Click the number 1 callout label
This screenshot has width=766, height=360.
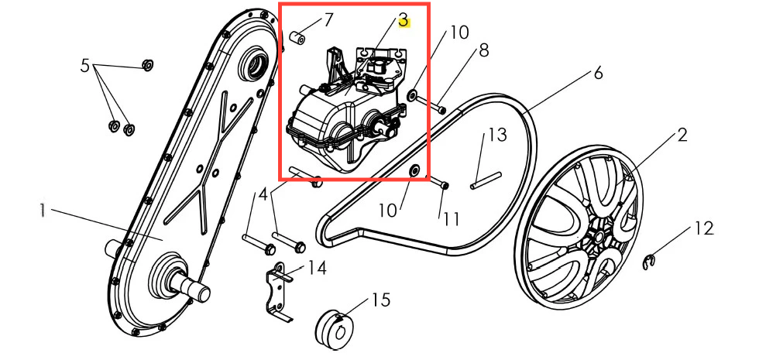click(x=43, y=211)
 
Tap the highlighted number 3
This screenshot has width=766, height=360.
click(x=404, y=21)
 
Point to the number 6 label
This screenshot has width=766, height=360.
click(x=598, y=74)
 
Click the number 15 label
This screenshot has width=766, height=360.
click(x=381, y=300)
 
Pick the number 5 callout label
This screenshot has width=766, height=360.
click(x=85, y=66)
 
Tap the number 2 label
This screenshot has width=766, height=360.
click(x=682, y=135)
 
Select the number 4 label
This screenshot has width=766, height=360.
click(x=263, y=195)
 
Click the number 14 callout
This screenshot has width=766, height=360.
click(x=318, y=268)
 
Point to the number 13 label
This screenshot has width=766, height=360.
click(x=498, y=135)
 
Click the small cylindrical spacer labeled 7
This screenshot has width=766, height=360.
click(x=297, y=37)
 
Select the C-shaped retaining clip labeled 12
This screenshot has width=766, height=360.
click(x=647, y=262)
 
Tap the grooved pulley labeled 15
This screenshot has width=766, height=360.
click(x=336, y=327)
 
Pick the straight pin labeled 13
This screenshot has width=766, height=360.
click(x=486, y=180)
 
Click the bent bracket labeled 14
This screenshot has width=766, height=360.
click(x=280, y=291)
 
